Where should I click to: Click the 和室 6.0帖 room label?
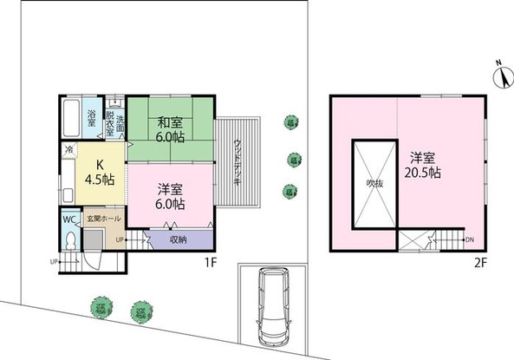[x=169, y=129]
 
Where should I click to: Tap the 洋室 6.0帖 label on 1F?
[x=170, y=196]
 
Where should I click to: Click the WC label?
[x=69, y=219]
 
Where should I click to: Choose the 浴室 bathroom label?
[x=91, y=115]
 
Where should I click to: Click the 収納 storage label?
[x=178, y=239]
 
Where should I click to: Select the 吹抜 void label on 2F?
[x=374, y=184]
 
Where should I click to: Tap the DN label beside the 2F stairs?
[x=469, y=239]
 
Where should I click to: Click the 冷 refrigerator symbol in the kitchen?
[x=68, y=149]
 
